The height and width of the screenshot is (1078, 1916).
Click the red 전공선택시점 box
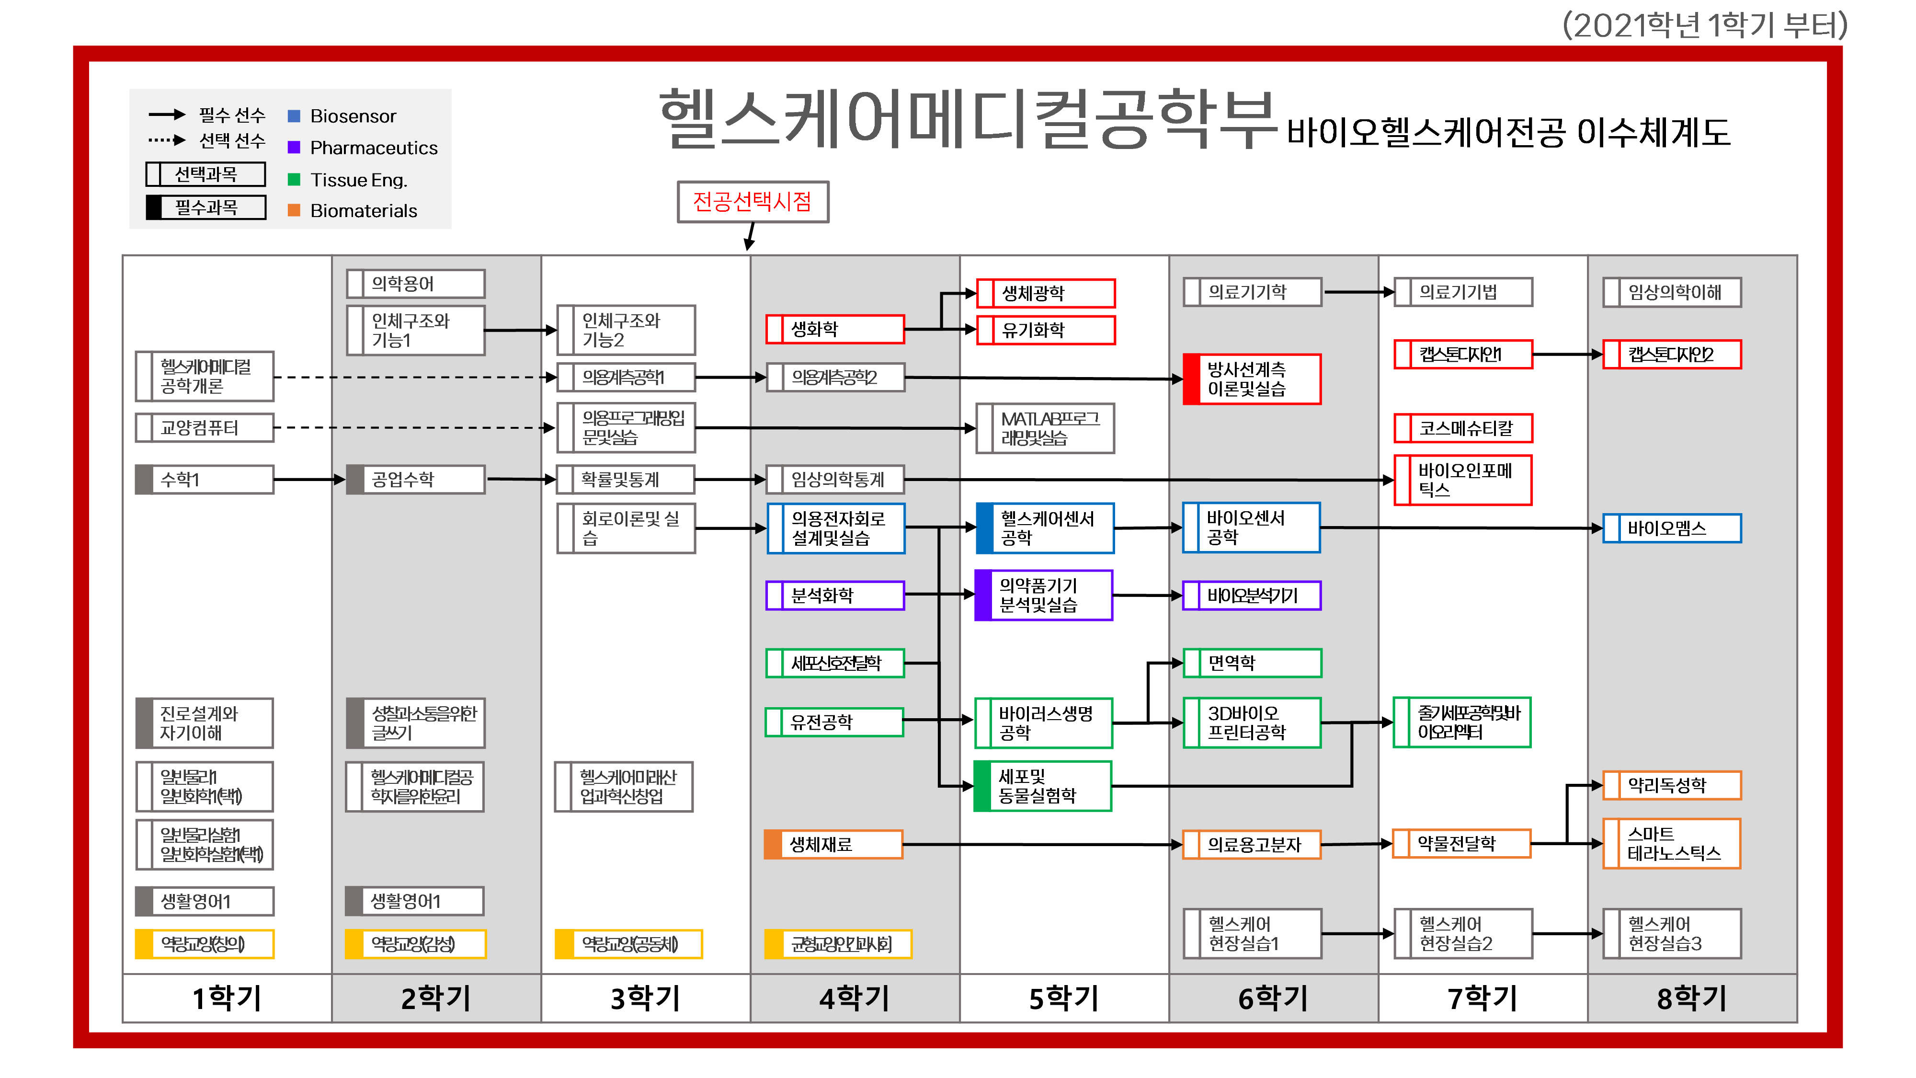[x=752, y=202]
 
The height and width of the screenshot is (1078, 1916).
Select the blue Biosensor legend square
[x=294, y=116]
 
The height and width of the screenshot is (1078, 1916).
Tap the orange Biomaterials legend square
[x=294, y=210]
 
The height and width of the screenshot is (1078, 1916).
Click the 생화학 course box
[x=834, y=329]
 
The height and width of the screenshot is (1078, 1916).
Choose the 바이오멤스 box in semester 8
[x=1671, y=528]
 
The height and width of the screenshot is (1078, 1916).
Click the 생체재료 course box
[x=833, y=844]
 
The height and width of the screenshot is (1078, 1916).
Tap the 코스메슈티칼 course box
[x=1462, y=428]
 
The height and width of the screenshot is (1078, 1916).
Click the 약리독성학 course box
[x=1671, y=785]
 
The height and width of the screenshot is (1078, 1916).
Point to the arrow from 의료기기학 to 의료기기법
[x=1358, y=292]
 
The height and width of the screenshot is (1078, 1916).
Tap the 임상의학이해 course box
[x=1671, y=292]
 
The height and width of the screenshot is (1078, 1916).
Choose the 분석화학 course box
[x=834, y=595]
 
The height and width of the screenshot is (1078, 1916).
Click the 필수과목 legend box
[x=206, y=207]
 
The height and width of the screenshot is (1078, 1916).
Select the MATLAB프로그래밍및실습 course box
[x=1044, y=428]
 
